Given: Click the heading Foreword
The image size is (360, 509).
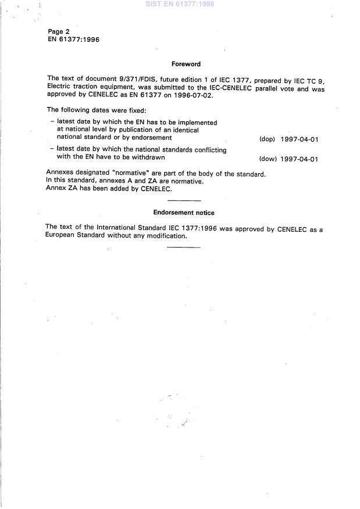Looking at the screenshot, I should point(186,64).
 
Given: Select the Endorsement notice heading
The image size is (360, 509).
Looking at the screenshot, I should point(183,213).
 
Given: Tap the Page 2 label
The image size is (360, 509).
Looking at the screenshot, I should point(59,31).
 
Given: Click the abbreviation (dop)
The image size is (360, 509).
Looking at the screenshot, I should point(267,139).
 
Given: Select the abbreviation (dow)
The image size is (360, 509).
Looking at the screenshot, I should point(268,159).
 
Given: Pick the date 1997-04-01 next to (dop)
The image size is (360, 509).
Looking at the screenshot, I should point(299,139).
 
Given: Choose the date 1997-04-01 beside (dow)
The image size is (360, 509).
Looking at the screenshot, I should point(299,159).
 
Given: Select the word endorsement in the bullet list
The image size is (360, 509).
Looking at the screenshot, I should point(152,138).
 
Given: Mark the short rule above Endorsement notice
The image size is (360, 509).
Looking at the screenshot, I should point(183,201).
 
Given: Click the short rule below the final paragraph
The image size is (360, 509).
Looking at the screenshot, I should point(183,248).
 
